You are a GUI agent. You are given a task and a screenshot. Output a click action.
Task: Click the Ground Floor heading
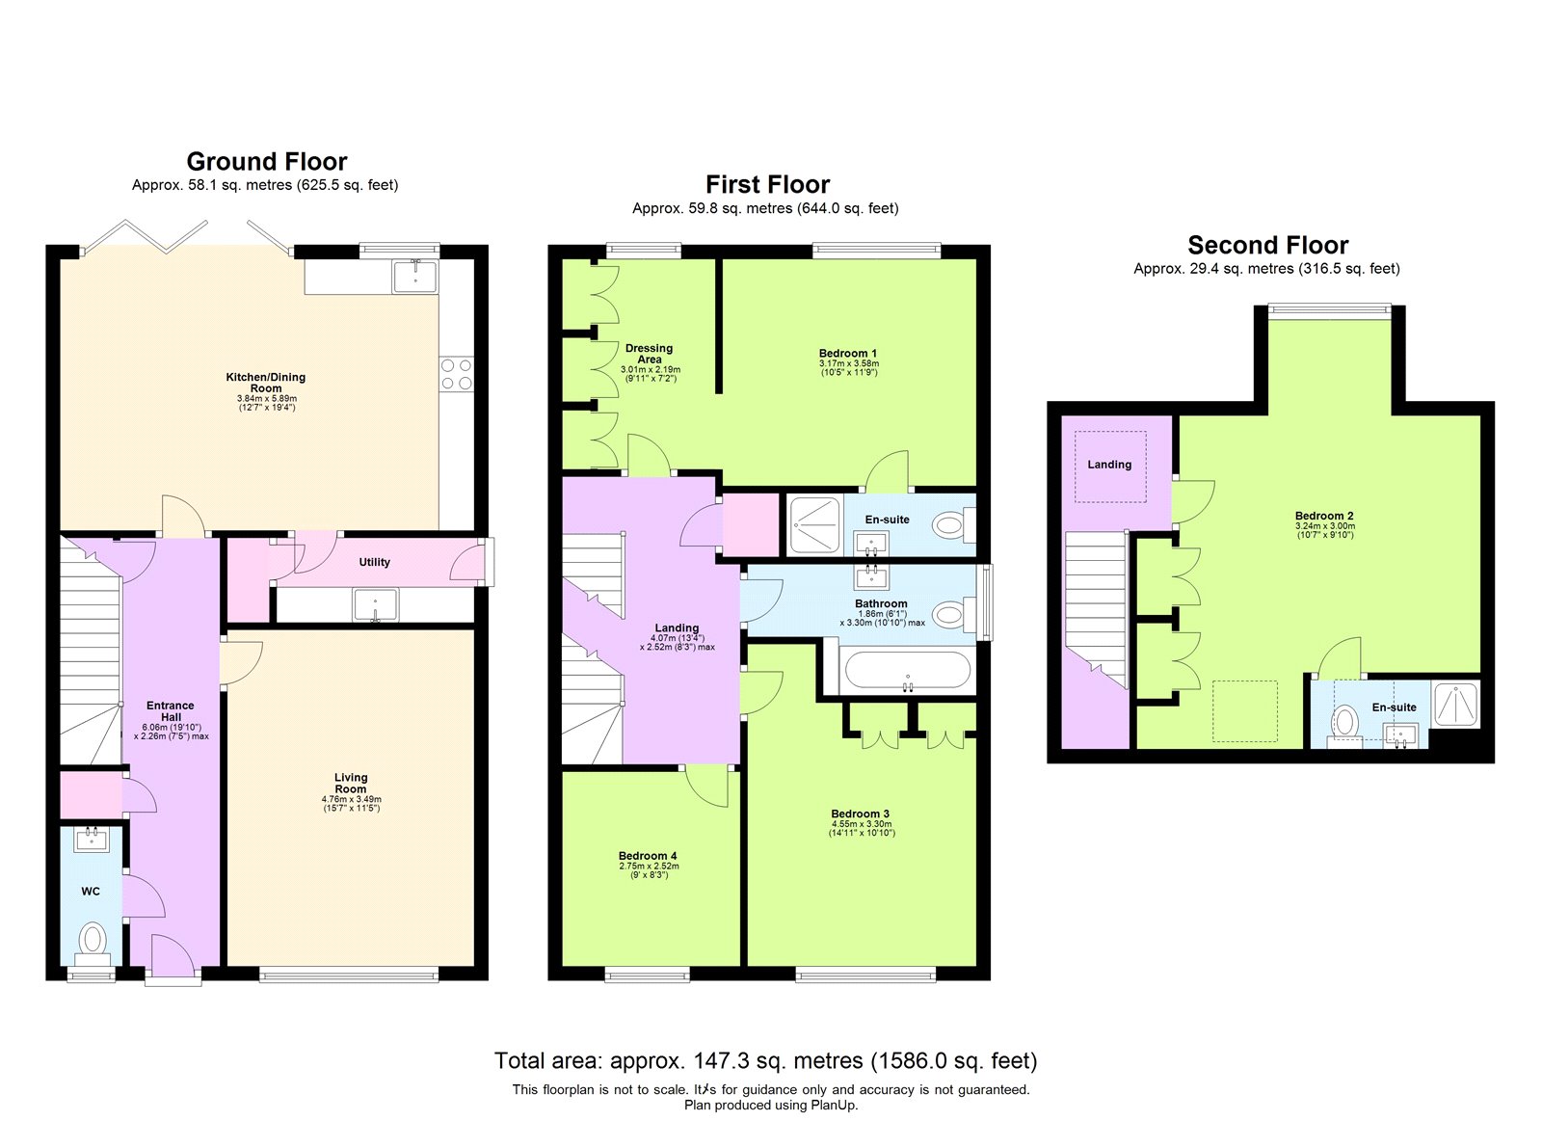266,161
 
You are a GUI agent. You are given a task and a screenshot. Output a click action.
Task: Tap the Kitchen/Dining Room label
266,383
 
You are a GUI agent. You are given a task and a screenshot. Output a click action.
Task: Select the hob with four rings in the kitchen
457,374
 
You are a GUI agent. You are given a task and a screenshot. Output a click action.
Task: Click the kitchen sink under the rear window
414,277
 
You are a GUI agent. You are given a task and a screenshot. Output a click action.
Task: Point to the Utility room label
375,562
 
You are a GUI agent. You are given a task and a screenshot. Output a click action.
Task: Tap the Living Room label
351,783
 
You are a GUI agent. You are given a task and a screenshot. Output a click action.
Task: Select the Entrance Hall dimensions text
172,732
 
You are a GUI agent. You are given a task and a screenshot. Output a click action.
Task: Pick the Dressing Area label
649,354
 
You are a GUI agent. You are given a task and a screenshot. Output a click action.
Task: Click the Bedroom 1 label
848,354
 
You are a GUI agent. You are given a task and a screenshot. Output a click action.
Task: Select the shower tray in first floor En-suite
814,525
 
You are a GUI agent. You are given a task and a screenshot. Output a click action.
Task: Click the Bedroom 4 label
648,856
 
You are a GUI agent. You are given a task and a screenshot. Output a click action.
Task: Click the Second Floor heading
1267,245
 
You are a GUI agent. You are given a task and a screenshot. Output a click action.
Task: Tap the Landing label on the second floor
1109,465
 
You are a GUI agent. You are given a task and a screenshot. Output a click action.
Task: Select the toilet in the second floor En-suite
1344,721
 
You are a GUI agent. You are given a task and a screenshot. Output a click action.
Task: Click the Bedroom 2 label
1324,516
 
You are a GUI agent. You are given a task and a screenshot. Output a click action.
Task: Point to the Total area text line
765,1061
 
